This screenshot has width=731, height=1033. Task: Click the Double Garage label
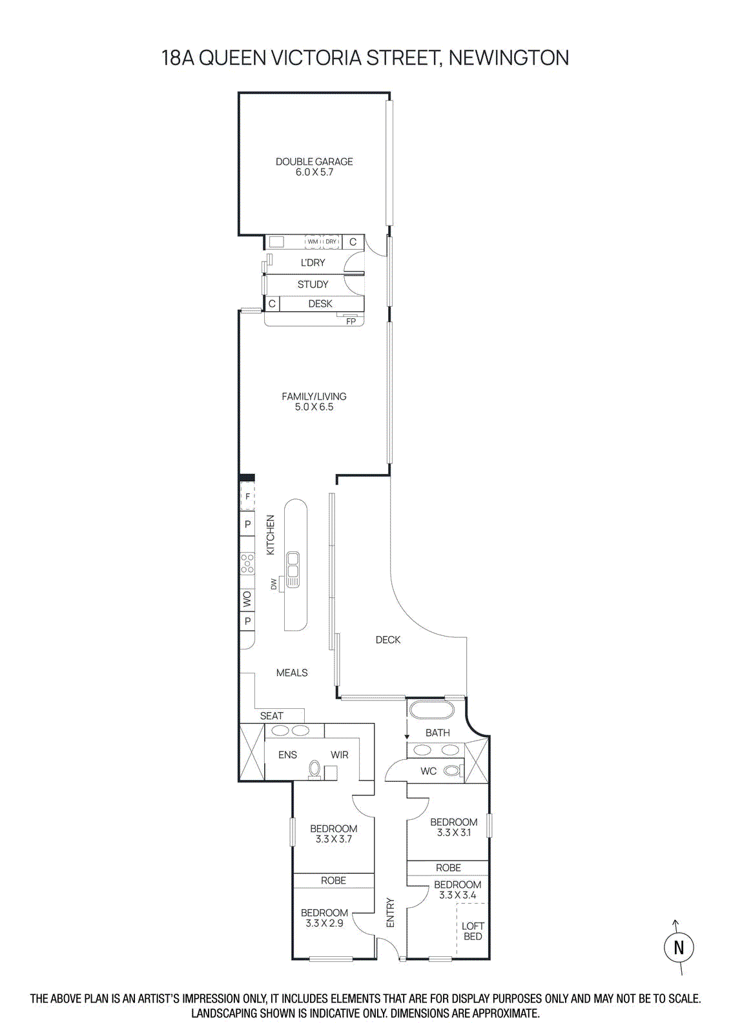pos(314,162)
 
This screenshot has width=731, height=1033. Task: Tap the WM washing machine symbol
pos(313,241)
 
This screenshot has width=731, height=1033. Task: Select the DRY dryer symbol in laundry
pos(331,241)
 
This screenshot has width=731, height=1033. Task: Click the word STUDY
pos(313,284)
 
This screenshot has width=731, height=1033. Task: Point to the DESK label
pos(320,303)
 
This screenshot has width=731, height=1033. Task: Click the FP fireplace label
pos(351,321)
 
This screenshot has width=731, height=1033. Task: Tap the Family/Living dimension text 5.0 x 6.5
pos(314,407)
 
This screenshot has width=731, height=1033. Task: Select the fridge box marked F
pos(247,496)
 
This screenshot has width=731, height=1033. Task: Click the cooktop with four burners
pos(247,563)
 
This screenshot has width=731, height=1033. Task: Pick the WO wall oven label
pos(247,600)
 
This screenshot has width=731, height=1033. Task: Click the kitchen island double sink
pos(293,569)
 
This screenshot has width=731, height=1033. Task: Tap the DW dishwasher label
pos(274,584)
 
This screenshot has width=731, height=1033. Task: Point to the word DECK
pos(388,640)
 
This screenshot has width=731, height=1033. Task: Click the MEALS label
pos(292,673)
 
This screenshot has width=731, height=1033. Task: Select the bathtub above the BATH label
pos(431,709)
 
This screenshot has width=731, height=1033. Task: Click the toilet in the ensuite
pos(314,769)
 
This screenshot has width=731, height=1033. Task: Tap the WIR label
pos(340,755)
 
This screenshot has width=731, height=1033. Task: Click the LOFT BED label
pos(473,931)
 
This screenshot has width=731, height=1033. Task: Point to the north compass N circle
pos(679,947)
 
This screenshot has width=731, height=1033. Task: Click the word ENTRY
pos(390,913)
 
